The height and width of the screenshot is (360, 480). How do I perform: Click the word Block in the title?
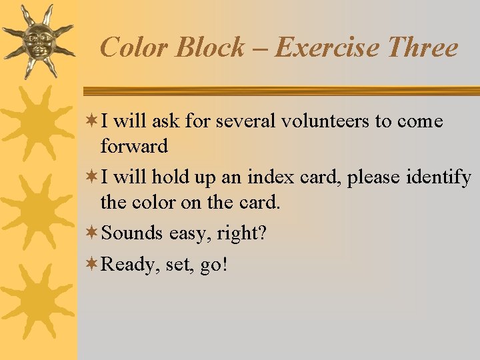coord(208,48)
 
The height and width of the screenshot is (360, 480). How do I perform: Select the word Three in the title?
coord(422,48)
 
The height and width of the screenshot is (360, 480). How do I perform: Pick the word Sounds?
coord(132,233)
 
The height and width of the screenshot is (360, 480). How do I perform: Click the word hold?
coord(169,178)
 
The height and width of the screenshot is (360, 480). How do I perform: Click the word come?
coord(420,122)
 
